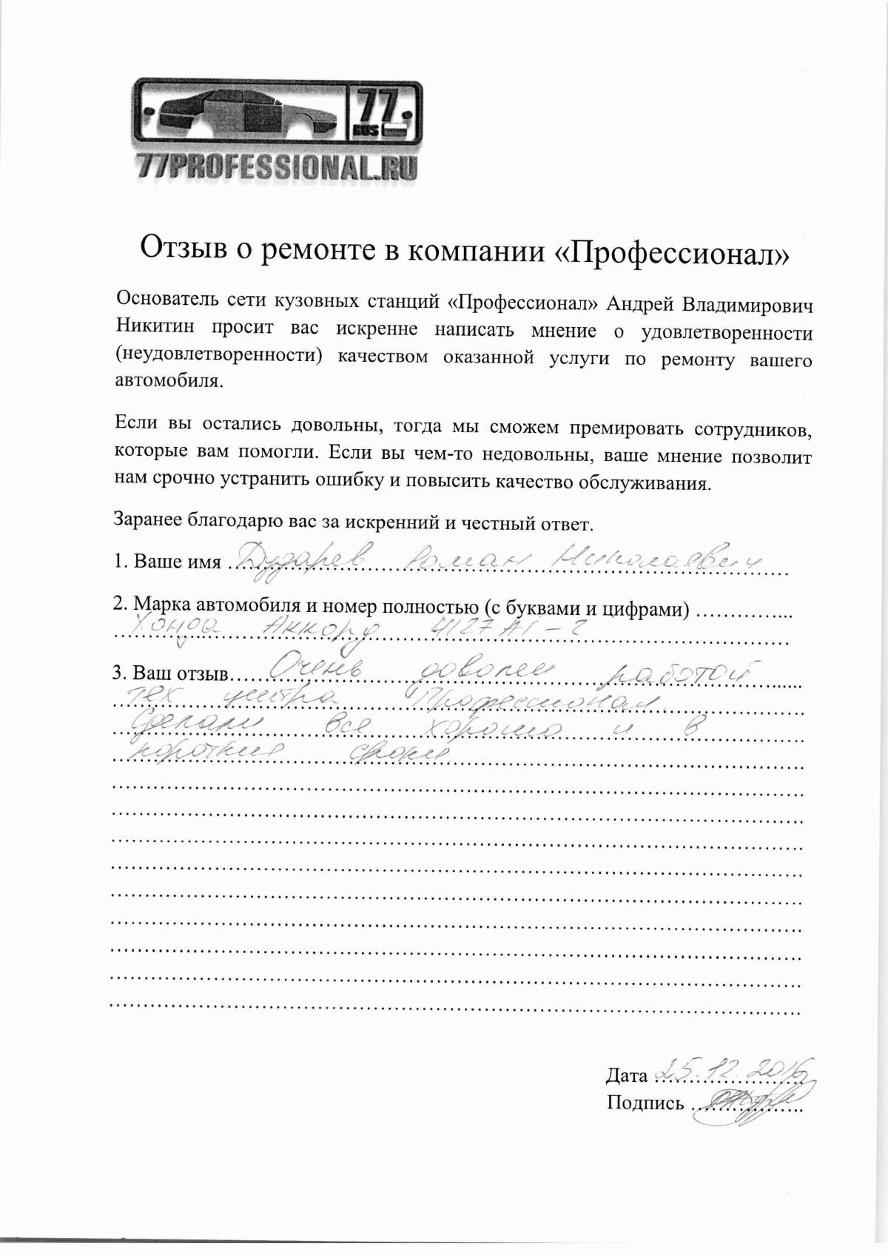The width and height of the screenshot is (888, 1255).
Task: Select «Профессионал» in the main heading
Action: [x=673, y=253]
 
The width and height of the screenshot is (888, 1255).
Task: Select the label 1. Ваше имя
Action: [x=167, y=562]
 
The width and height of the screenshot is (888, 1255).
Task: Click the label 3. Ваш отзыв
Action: [x=170, y=673]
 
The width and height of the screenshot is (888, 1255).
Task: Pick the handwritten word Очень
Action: [x=314, y=669]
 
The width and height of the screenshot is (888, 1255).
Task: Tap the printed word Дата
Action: [x=626, y=1075]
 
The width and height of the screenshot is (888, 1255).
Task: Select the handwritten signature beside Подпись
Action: [x=744, y=1103]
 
